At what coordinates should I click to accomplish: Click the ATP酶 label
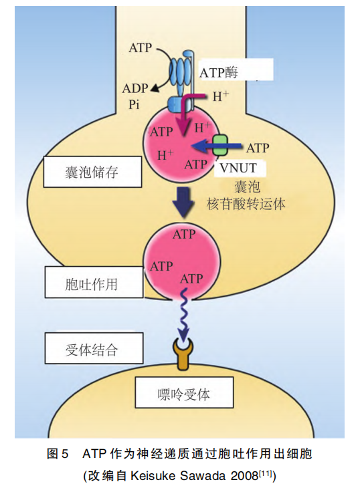[x=223, y=72]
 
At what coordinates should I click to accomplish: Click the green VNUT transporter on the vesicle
[x=220, y=146]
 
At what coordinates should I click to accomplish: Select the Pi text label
[x=134, y=105]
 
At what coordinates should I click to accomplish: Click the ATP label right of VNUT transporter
[x=258, y=147]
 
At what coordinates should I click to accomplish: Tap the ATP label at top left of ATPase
[x=141, y=48]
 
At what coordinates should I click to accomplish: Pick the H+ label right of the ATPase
[x=220, y=96]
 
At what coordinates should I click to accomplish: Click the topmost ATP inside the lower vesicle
[x=184, y=235]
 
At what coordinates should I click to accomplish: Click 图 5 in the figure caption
[x=58, y=455]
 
